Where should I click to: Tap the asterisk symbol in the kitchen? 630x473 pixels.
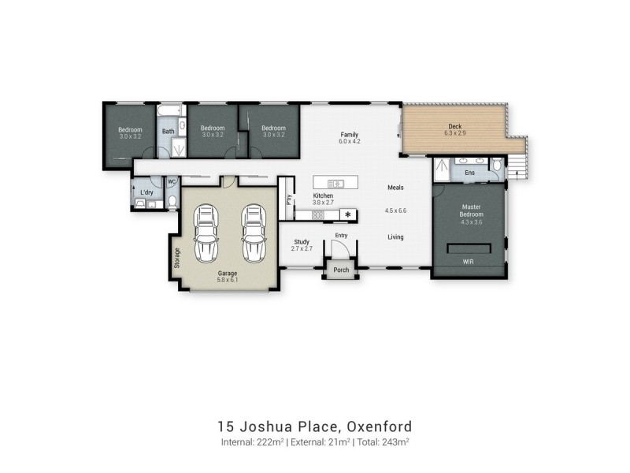coord(347,214)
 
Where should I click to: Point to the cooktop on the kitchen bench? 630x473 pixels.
coord(317,214)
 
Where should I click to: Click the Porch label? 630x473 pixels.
coord(341,270)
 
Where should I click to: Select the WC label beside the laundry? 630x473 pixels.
coord(171,182)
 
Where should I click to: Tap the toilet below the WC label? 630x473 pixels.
coord(171,203)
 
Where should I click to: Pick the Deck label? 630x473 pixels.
coord(454,126)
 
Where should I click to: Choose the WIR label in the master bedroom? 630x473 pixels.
coord(468,260)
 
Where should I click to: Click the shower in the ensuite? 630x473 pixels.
coord(443,167)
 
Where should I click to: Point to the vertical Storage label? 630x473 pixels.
coord(176,259)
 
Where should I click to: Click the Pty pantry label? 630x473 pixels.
coord(289,199)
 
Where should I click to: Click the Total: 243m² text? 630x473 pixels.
coord(384,443)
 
